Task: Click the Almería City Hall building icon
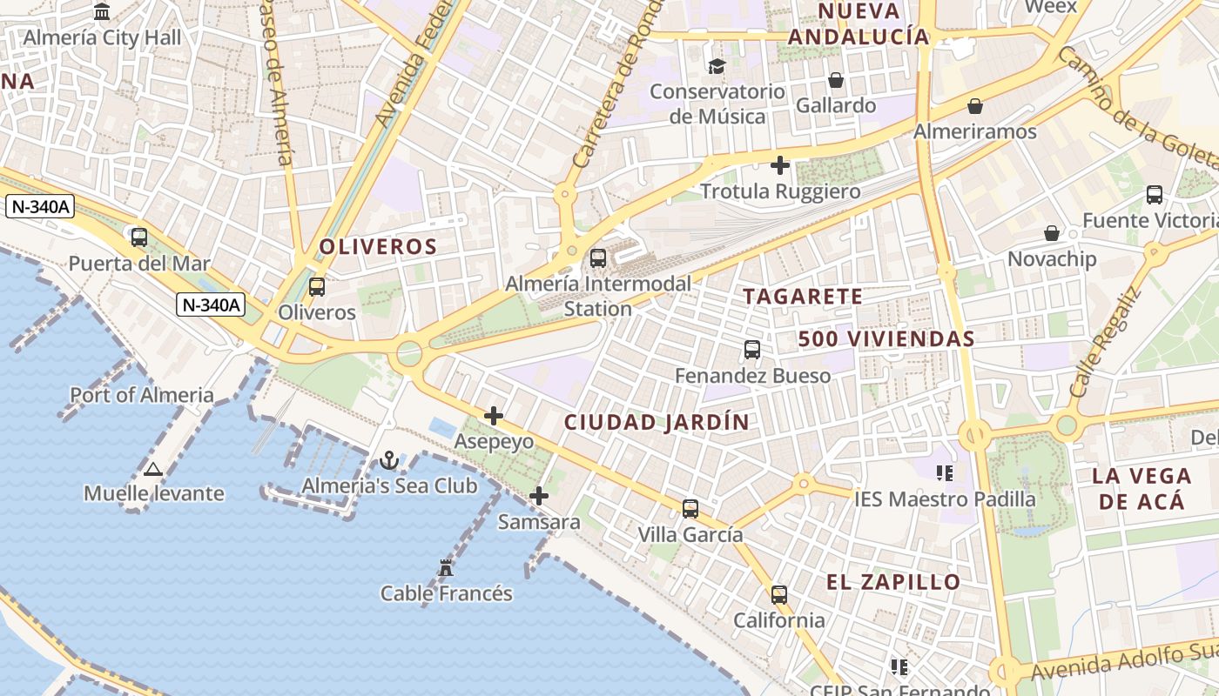click(x=102, y=12)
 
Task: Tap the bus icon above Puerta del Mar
click(x=139, y=237)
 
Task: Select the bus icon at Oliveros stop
click(x=317, y=286)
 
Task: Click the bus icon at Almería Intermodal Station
click(x=597, y=258)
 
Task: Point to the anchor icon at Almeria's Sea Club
click(x=389, y=460)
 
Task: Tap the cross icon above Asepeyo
click(x=494, y=416)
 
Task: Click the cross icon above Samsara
click(x=539, y=496)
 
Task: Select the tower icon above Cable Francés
click(x=446, y=568)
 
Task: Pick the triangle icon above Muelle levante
click(x=153, y=470)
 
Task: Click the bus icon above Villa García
click(x=690, y=509)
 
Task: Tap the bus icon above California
click(x=779, y=595)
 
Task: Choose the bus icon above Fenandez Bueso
click(x=752, y=350)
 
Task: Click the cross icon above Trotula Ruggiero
click(x=780, y=164)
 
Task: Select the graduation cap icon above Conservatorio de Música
click(x=717, y=66)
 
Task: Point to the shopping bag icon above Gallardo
click(x=836, y=80)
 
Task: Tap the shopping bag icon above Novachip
click(x=1052, y=233)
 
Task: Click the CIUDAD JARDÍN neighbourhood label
click(x=657, y=423)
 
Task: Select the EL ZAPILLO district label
click(x=893, y=582)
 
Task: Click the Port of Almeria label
click(x=142, y=395)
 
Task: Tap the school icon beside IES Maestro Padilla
click(x=945, y=473)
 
